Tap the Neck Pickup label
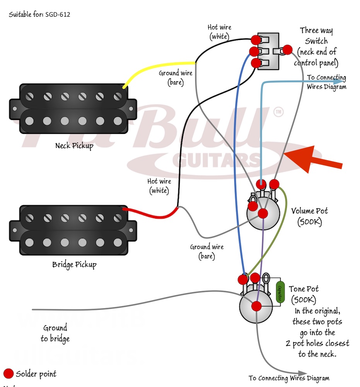pos(74,146)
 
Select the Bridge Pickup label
pos(74,265)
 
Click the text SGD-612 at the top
pos(58,15)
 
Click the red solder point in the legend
pos(8,374)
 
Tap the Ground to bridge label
pos(55,333)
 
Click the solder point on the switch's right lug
pos(287,50)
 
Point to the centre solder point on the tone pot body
pos(256,306)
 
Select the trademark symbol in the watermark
pos(278,112)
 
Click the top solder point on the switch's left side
pos(255,39)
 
